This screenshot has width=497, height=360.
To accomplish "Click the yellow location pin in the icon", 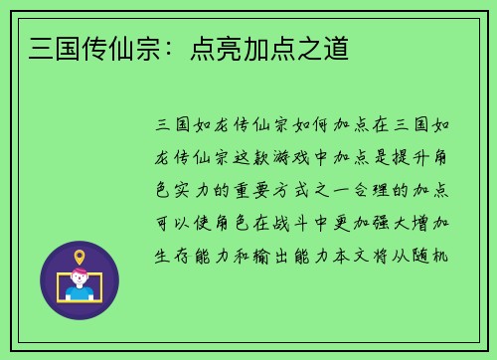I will [x=80, y=258].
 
